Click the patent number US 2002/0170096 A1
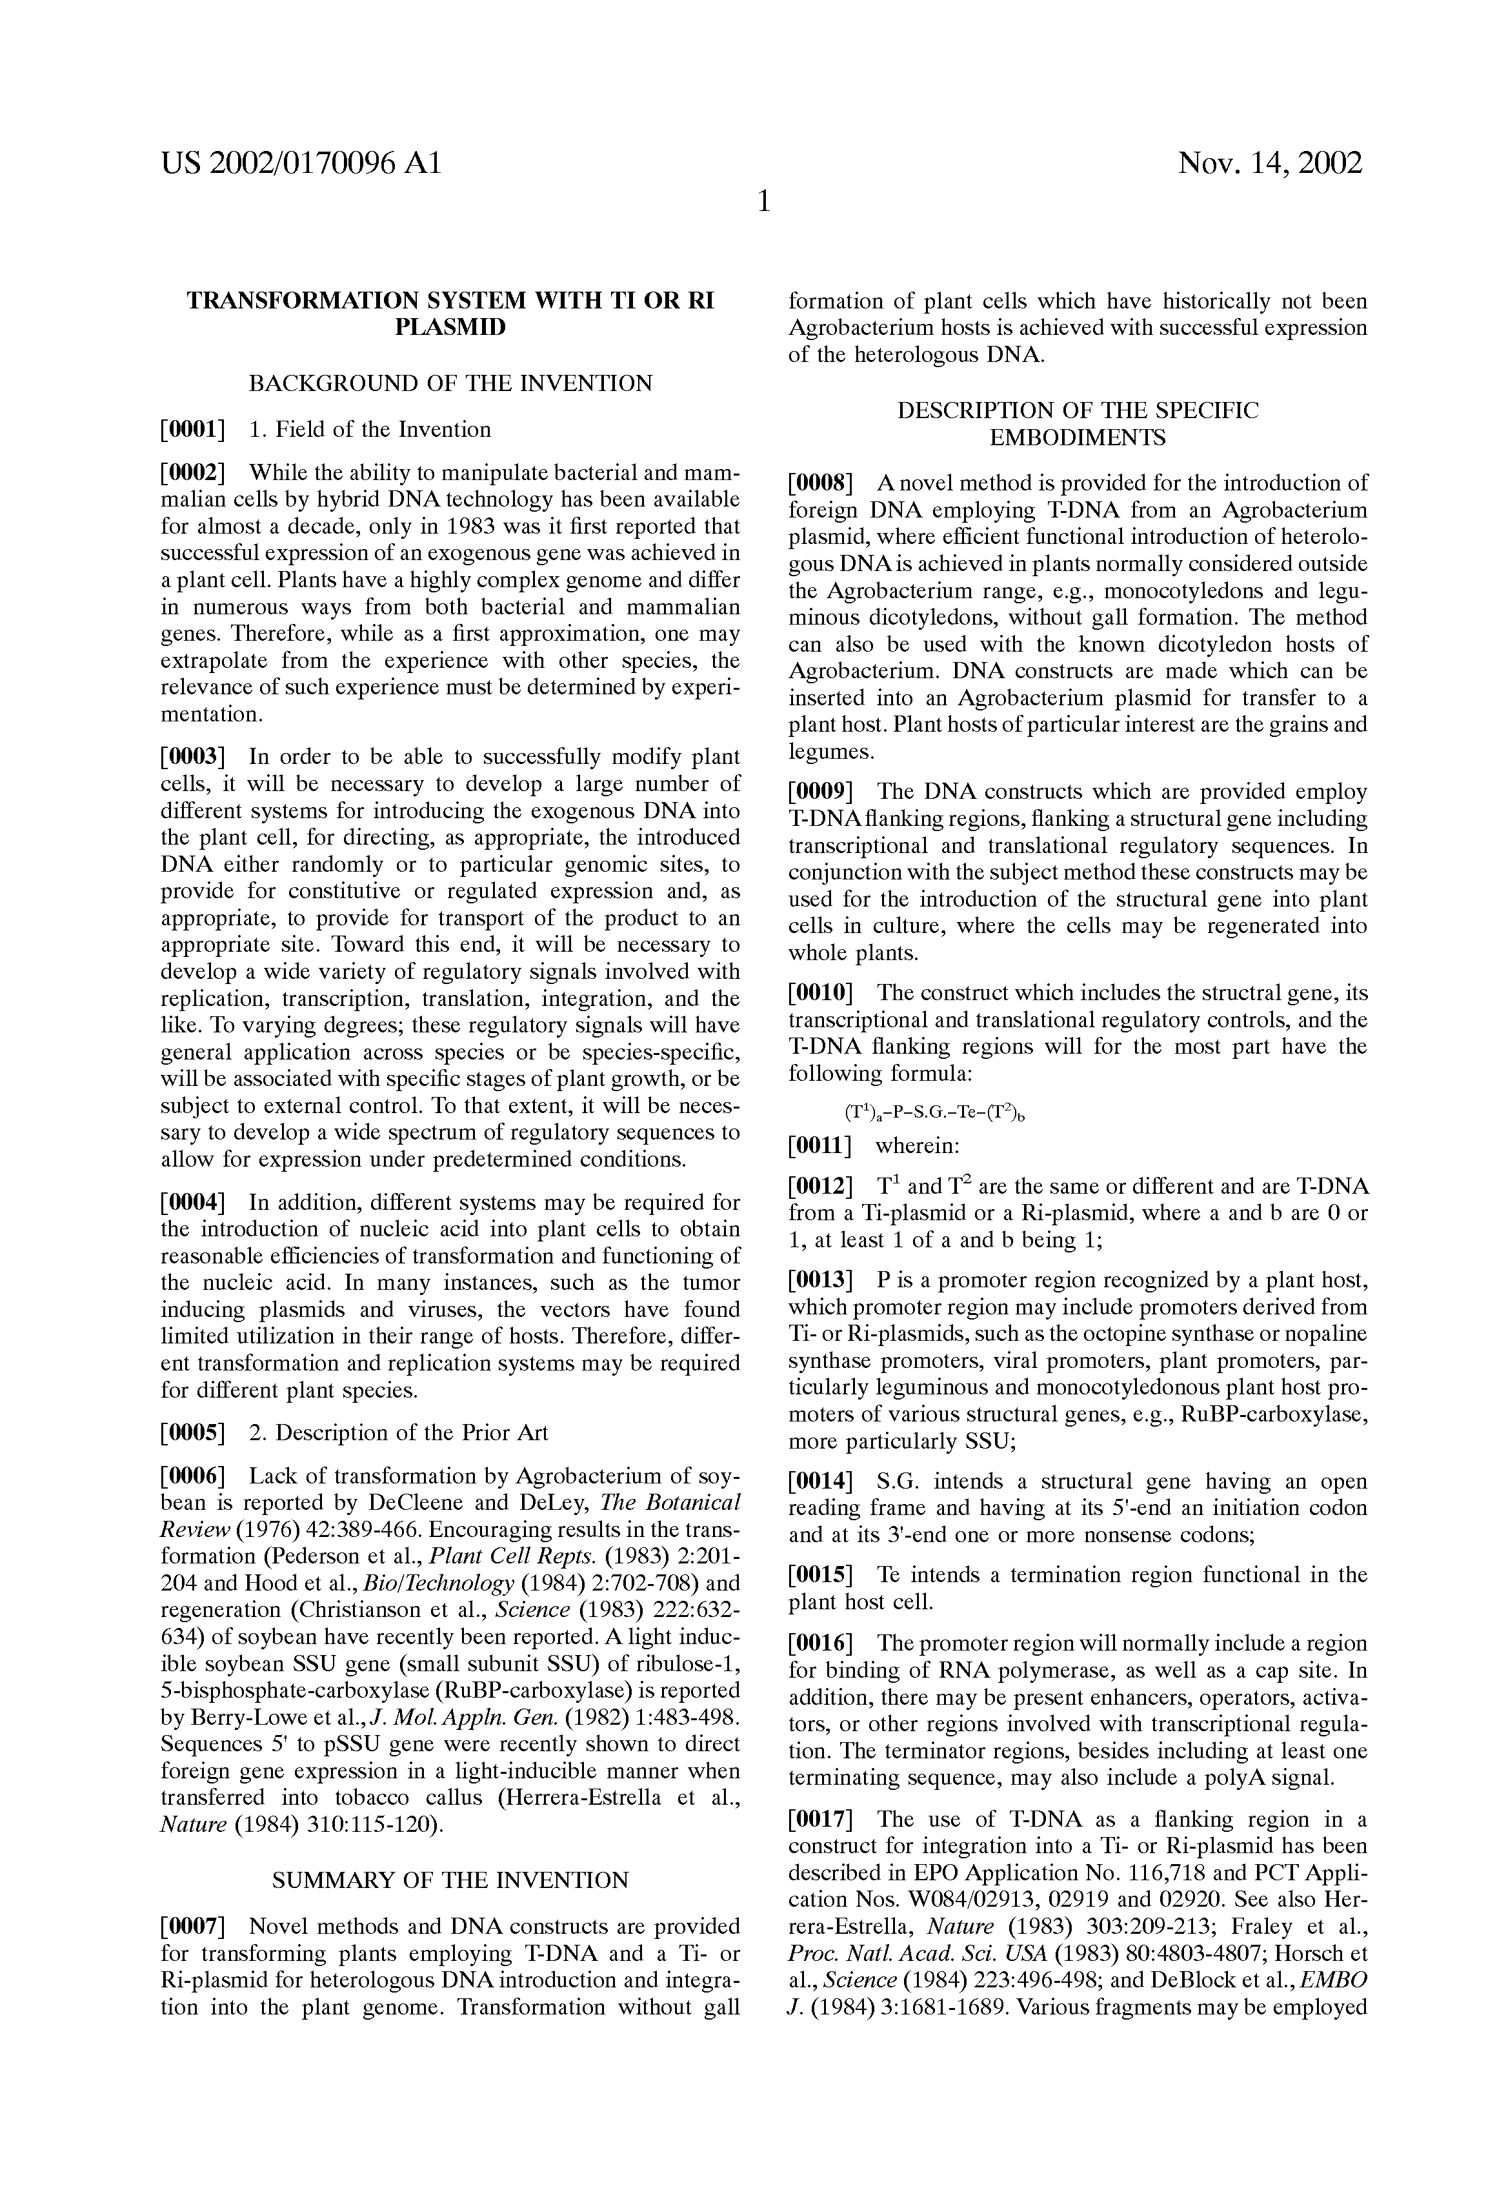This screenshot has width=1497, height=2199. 301,165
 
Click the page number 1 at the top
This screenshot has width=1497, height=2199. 763,201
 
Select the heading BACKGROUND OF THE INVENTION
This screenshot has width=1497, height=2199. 450,383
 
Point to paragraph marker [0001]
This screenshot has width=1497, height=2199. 193,430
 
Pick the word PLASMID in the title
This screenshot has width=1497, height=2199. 450,327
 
